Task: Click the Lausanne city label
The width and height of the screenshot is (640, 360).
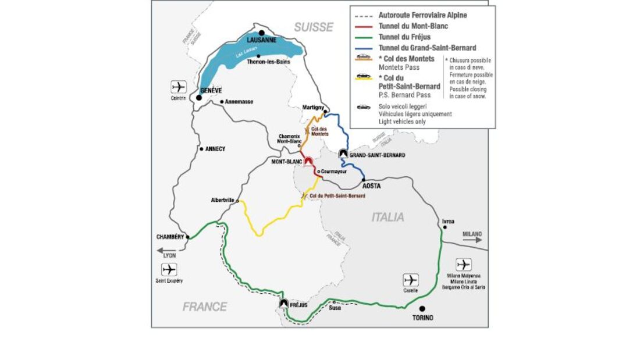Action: (261, 40)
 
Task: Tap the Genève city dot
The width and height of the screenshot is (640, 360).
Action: (199, 98)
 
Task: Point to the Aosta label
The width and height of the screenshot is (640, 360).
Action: (371, 186)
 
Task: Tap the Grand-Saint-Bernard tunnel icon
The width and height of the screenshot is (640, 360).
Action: (343, 154)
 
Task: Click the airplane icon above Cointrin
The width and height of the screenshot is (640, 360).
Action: (179, 87)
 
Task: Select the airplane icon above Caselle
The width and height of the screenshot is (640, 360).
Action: (410, 280)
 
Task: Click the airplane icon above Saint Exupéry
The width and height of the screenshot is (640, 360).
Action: (169, 270)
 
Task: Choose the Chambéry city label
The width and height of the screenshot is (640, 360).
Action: (170, 237)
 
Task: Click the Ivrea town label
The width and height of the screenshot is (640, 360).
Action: (447, 221)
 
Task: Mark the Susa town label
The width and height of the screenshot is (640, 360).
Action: (335, 308)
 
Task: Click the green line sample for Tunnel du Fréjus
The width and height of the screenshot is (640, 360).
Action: (363, 37)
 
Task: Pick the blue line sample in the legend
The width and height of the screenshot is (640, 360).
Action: (363, 48)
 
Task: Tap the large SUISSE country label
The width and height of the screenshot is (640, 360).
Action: (314, 27)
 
